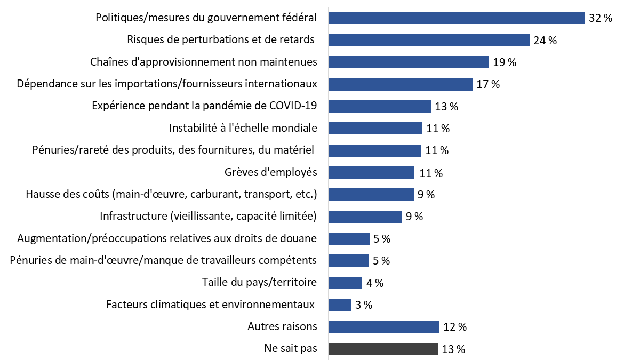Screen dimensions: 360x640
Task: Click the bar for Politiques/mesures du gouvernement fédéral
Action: click(457, 18)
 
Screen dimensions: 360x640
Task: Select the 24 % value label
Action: click(545, 41)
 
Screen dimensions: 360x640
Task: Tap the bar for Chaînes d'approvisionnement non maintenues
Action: click(409, 62)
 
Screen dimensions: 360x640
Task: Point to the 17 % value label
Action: click(487, 85)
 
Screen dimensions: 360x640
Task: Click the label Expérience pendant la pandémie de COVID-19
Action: click(204, 106)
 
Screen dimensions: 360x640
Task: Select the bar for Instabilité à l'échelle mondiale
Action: click(375, 129)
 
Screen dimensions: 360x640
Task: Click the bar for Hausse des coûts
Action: click(371, 194)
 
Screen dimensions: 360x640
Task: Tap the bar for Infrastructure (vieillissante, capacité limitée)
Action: click(365, 217)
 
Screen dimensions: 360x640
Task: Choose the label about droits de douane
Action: click(167, 238)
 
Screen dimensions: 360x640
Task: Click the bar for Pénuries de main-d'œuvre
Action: click(348, 260)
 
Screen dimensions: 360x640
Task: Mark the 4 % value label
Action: click(375, 283)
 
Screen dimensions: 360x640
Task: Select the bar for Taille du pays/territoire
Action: click(345, 283)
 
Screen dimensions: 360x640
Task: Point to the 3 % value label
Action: click(363, 305)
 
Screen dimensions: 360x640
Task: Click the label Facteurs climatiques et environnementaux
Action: click(210, 305)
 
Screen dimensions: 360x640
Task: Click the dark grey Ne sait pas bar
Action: click(383, 349)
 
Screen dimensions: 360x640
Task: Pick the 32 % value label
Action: click(601, 18)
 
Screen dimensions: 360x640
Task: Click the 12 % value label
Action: click(454, 327)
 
